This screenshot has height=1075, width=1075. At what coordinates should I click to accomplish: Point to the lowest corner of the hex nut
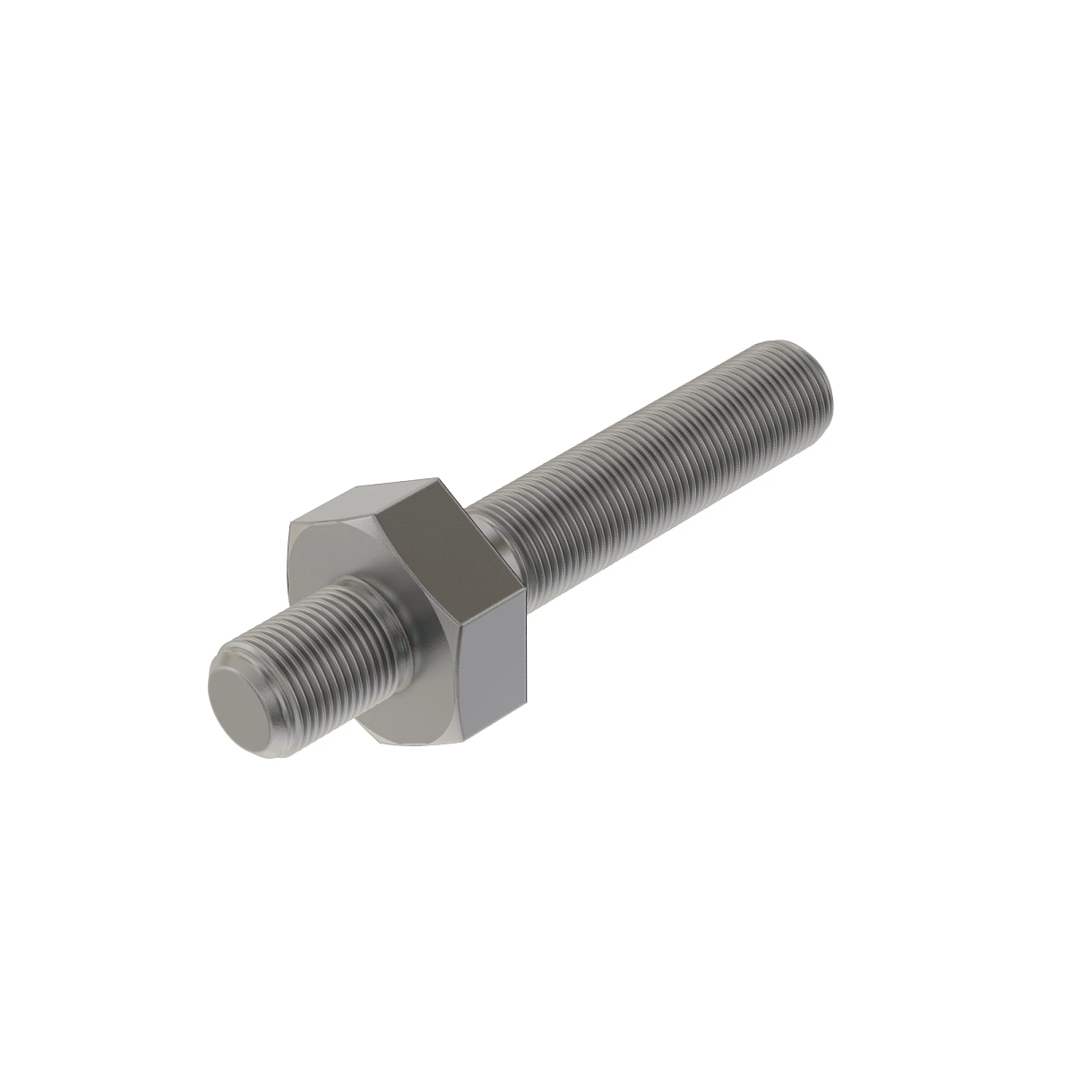tap(465, 734)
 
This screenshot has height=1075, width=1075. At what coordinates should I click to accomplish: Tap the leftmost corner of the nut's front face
tap(288, 537)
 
